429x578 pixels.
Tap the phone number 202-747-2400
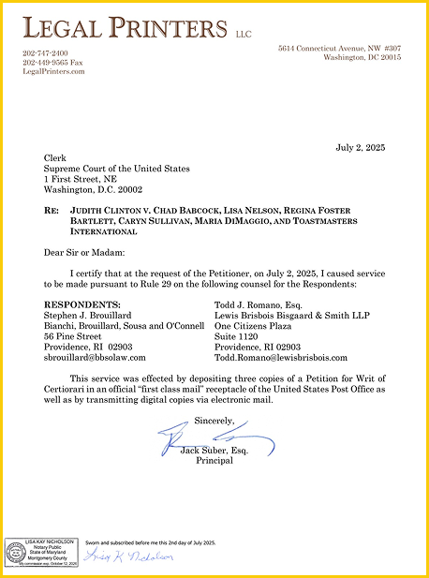[45, 52]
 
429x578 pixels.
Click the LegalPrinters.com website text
[53, 71]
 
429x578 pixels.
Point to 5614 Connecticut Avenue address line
[339, 48]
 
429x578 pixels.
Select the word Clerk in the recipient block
[54, 159]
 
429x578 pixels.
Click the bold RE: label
[52, 213]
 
